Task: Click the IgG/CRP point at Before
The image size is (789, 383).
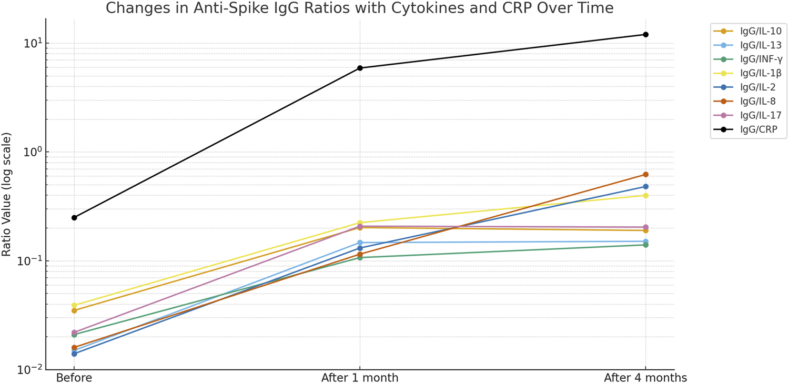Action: tap(74, 218)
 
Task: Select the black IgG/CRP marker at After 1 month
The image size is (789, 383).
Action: tap(360, 68)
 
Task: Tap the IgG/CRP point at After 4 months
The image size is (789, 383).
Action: tap(645, 35)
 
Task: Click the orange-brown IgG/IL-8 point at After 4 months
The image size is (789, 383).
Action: tap(645, 175)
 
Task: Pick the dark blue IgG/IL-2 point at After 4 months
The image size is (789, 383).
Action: tap(645, 187)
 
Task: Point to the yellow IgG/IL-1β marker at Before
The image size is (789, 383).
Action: tap(74, 305)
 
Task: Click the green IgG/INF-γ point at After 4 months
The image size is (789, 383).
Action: tap(645, 245)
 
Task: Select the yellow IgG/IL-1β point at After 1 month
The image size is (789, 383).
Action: tap(360, 223)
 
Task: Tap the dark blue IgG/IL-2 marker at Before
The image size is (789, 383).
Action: tap(74, 354)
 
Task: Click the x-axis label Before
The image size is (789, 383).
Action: tap(74, 377)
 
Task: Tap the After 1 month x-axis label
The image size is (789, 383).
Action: tap(360, 377)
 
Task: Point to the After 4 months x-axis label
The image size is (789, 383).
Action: tap(645, 377)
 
